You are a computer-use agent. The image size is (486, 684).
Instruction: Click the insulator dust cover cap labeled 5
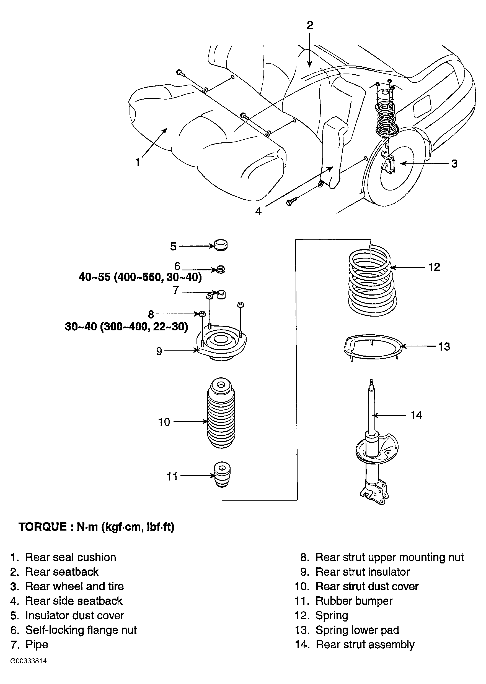(221, 245)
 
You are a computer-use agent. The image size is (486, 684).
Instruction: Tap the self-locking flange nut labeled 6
(221, 270)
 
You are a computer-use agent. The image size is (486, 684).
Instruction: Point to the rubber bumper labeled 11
(222, 475)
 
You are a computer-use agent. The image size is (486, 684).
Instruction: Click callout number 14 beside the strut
(416, 415)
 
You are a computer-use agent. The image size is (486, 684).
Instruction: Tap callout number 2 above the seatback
(310, 25)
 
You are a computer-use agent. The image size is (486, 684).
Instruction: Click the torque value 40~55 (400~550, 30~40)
(140, 277)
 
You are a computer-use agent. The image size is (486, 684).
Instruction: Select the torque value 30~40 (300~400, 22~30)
(126, 327)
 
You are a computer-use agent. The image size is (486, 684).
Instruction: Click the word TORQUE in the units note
(43, 526)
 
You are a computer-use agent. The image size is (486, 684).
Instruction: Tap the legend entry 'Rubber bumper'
(354, 601)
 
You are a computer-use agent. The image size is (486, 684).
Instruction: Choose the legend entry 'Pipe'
(37, 644)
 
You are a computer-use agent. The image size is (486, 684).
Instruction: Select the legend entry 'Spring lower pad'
(357, 630)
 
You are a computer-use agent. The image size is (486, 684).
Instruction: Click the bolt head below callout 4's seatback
(289, 203)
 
